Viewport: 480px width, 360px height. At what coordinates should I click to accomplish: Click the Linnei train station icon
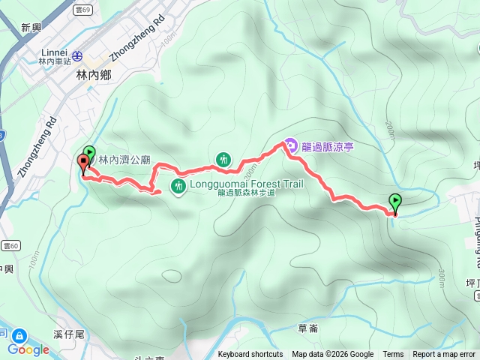pyautogui.click(x=77, y=55)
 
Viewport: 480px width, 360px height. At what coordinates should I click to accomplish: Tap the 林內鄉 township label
pyautogui.click(x=93, y=75)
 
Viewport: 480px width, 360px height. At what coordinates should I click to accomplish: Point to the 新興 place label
pyautogui.click(x=31, y=28)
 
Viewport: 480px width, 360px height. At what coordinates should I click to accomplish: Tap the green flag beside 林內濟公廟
pyautogui.click(x=90, y=153)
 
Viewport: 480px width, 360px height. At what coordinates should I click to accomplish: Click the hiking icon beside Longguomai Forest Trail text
pyautogui.click(x=178, y=185)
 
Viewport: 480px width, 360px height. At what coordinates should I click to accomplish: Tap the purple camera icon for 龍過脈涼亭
pyautogui.click(x=290, y=145)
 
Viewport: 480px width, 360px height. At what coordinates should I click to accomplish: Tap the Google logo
pyautogui.click(x=28, y=349)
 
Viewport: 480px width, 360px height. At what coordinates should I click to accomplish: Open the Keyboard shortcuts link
pyautogui.click(x=250, y=355)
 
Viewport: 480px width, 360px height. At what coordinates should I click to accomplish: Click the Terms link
pyautogui.click(x=393, y=355)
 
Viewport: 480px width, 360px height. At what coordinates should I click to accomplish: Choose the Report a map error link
pyautogui.click(x=444, y=355)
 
